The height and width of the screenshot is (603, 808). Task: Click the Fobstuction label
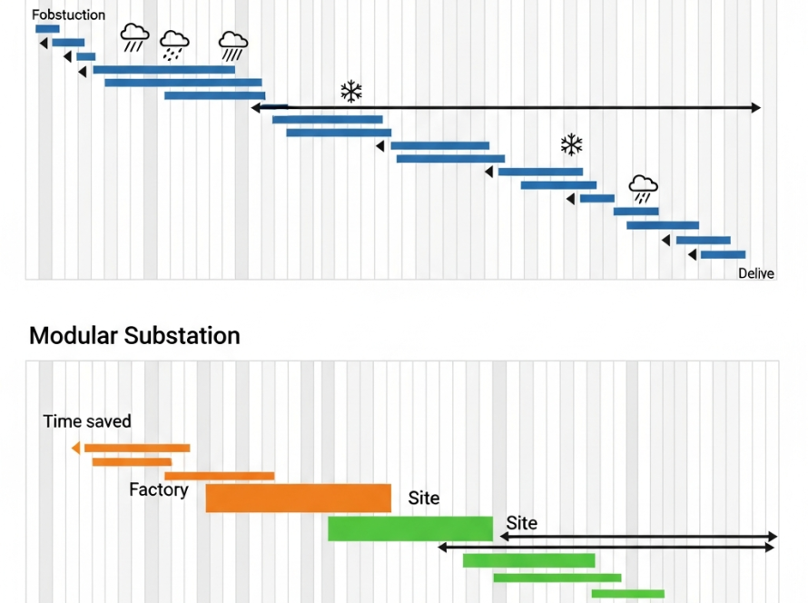click(x=68, y=15)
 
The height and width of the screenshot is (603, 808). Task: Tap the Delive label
click(x=755, y=273)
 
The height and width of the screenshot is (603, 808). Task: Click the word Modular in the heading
click(x=74, y=335)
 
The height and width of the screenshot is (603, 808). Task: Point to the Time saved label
click(x=87, y=421)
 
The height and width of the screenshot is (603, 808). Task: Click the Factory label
click(x=159, y=490)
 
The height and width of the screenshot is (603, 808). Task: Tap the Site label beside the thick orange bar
click(x=424, y=498)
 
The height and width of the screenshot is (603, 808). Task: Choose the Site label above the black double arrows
click(x=522, y=523)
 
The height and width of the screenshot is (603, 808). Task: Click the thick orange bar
click(x=298, y=498)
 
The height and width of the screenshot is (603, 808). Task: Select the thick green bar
click(x=409, y=529)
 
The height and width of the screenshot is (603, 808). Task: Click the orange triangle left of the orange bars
click(x=75, y=447)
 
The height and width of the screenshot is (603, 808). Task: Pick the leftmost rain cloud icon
click(x=135, y=38)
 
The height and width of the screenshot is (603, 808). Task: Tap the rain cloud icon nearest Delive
click(x=644, y=189)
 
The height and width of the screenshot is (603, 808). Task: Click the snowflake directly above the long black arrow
click(x=351, y=91)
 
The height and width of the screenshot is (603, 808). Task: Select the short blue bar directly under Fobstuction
click(x=47, y=29)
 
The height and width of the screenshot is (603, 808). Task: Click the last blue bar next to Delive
click(x=723, y=255)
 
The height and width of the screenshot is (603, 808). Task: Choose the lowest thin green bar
click(x=627, y=594)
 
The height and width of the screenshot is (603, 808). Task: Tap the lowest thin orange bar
click(x=219, y=476)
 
